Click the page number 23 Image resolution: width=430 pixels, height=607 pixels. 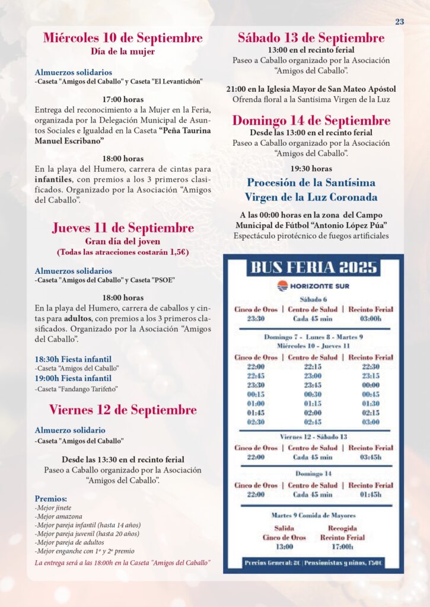pos(400,22)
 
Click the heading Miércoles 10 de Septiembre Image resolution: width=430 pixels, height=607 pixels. pos(123,38)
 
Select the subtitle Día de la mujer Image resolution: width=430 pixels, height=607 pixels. pos(123,52)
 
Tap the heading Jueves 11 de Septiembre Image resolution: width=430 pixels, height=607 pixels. pos(123,228)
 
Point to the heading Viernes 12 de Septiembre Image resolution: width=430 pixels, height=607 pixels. pos(123,410)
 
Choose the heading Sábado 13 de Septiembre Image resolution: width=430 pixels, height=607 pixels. pos(311,38)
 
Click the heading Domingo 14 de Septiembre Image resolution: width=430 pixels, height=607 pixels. pos(311,120)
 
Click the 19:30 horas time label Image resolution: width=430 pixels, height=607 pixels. pos(311,168)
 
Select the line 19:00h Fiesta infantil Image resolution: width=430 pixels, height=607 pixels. pos(73,378)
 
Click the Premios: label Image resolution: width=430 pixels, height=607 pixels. pos(51,499)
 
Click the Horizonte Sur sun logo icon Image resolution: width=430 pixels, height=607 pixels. pos(283,286)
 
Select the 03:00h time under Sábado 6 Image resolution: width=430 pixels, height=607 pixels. pos(370,318)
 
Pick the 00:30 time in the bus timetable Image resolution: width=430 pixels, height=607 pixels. pos(312,394)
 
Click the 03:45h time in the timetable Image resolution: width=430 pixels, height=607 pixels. pos(370,457)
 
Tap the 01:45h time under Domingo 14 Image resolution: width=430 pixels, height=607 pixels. pos(370,494)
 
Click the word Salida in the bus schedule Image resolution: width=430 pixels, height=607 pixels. pos(284,528)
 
